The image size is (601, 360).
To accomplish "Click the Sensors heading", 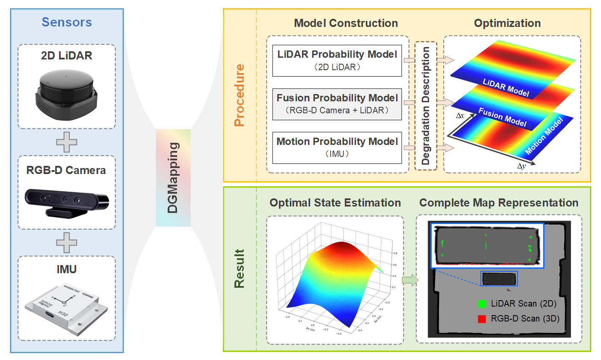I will [x=67, y=22].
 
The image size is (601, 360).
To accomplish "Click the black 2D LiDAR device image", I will [x=66, y=94].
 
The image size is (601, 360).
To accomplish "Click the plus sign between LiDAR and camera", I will [x=67, y=142].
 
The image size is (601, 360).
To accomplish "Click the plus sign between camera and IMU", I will [x=67, y=243].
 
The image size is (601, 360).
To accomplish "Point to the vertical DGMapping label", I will [x=173, y=178].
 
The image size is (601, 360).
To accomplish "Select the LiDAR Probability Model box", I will [x=337, y=60].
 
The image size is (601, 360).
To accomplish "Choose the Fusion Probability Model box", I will [x=337, y=104].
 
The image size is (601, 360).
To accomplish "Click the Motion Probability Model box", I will [x=337, y=148].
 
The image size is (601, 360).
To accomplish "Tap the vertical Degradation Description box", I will [x=426, y=106].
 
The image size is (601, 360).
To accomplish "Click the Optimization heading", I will [x=507, y=23].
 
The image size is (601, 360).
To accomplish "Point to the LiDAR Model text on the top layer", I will [x=506, y=88].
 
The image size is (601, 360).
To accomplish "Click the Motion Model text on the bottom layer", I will [x=544, y=136].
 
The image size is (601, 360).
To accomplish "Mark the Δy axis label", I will [x=521, y=166].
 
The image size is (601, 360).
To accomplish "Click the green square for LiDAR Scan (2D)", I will [x=482, y=304].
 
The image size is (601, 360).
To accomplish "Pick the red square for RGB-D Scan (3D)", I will [x=482, y=319].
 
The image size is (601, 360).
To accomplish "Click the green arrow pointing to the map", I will [x=410, y=280].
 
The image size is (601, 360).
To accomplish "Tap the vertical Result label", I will [x=240, y=269].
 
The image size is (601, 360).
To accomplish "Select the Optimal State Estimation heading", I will [x=335, y=203].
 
